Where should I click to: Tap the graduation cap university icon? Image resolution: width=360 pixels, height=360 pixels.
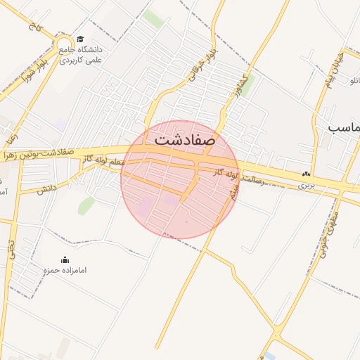(81, 40)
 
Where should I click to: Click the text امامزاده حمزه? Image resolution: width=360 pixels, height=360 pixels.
(65, 271)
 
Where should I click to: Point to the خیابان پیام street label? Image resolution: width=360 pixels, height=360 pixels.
(330, 63)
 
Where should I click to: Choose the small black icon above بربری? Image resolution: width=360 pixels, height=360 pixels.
(306, 174)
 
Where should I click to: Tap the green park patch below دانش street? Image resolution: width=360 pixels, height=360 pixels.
(86, 205)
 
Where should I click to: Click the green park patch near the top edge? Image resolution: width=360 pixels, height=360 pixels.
(153, 19)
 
